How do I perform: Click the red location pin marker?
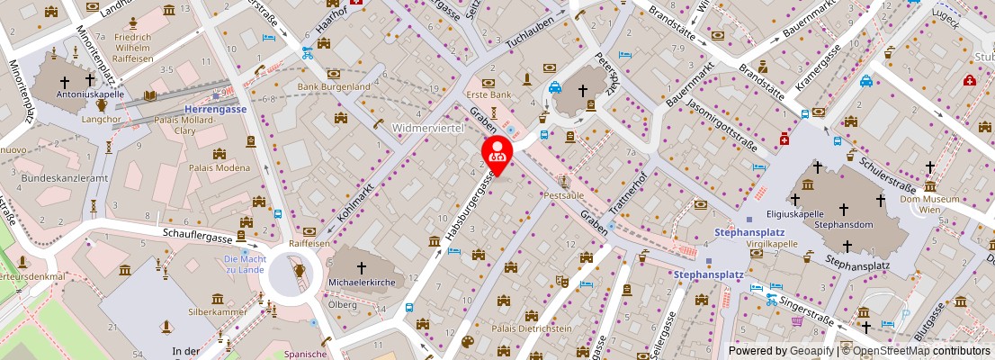(x=496, y=155)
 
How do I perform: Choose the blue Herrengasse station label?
(x=216, y=108)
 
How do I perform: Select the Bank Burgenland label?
(x=334, y=86)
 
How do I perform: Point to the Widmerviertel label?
(x=427, y=128)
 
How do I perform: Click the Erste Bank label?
(x=489, y=94)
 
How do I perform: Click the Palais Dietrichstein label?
(x=531, y=328)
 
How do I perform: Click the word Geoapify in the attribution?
(x=812, y=351)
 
